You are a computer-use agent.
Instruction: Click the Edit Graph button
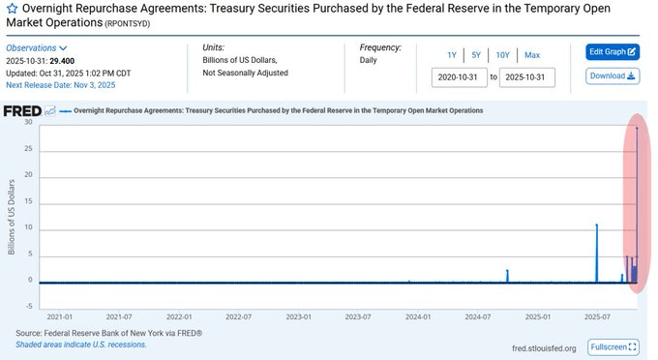613,51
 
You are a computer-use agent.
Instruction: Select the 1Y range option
452,54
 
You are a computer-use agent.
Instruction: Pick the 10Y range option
503,54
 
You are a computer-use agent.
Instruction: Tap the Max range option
532,54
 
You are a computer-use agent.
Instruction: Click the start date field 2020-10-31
460,76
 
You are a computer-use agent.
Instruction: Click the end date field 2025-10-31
527,76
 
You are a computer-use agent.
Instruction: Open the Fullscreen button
613,346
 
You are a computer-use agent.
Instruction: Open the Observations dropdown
37,47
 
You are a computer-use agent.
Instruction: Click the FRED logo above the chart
21,110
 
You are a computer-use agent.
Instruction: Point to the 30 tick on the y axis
29,123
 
